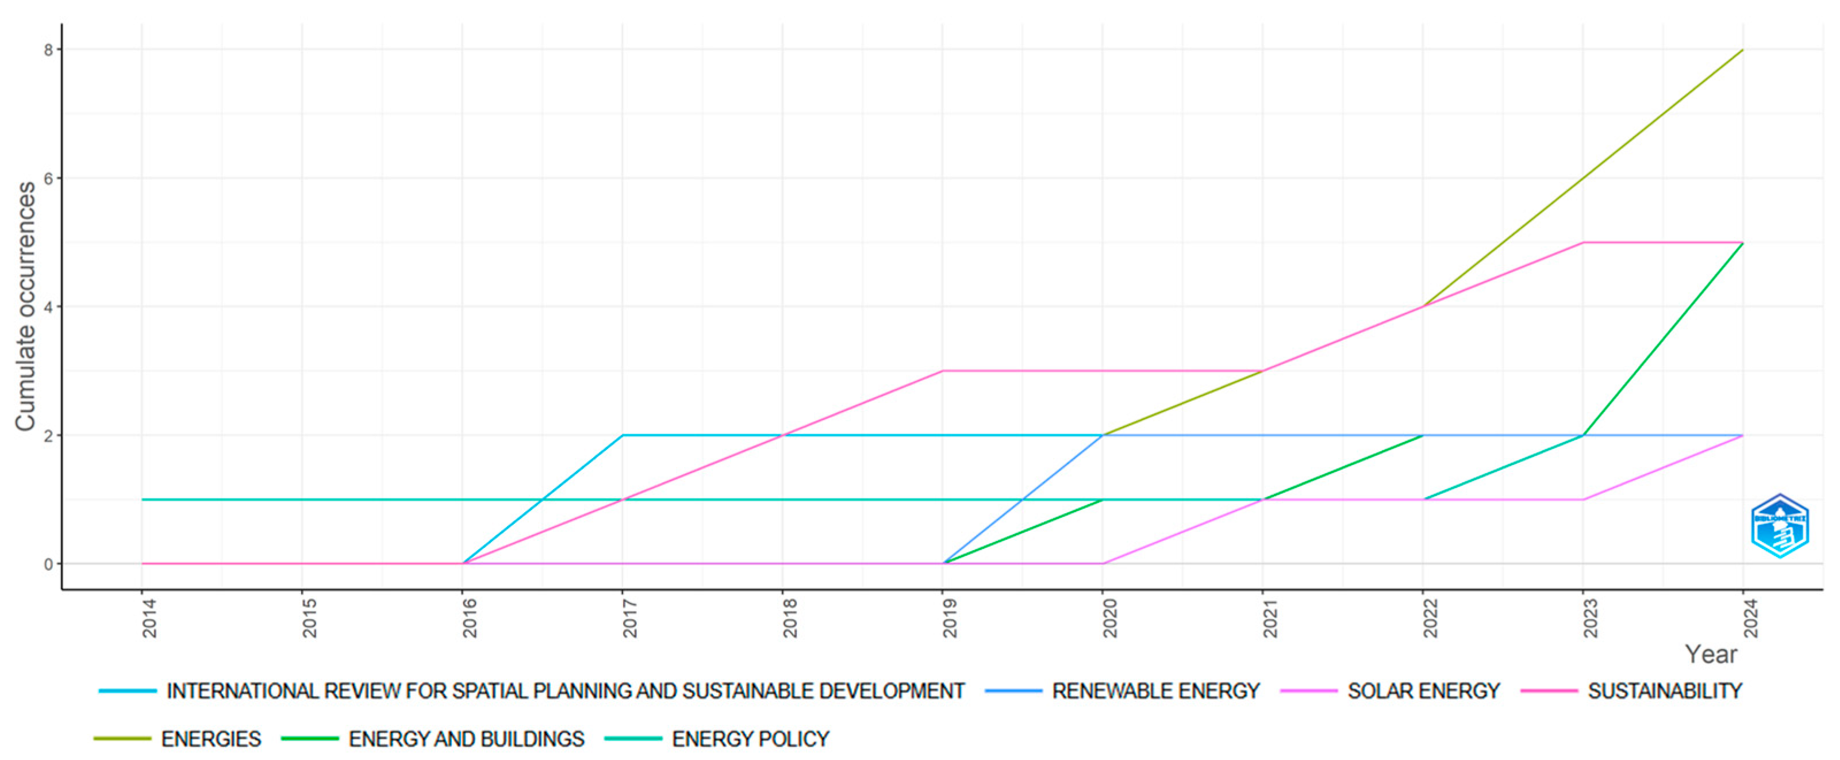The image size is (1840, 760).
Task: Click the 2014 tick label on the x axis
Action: pos(148,619)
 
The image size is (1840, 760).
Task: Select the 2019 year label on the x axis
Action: pos(949,619)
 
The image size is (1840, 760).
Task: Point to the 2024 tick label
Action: pos(1750,619)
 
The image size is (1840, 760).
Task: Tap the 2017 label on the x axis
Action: pos(629,619)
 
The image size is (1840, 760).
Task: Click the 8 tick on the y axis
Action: pos(48,50)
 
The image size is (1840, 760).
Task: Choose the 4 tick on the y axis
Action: pos(48,307)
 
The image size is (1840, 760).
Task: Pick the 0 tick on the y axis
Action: pos(48,565)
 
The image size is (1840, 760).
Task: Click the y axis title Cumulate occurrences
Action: pos(26,307)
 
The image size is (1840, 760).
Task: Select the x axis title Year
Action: pos(1711,654)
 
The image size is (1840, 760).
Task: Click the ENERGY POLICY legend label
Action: pos(750,739)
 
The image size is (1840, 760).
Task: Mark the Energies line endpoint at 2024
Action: pos(1743,50)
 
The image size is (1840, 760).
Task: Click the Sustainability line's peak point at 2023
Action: pos(1584,243)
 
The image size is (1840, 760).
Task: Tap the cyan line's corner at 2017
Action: pos(623,435)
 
